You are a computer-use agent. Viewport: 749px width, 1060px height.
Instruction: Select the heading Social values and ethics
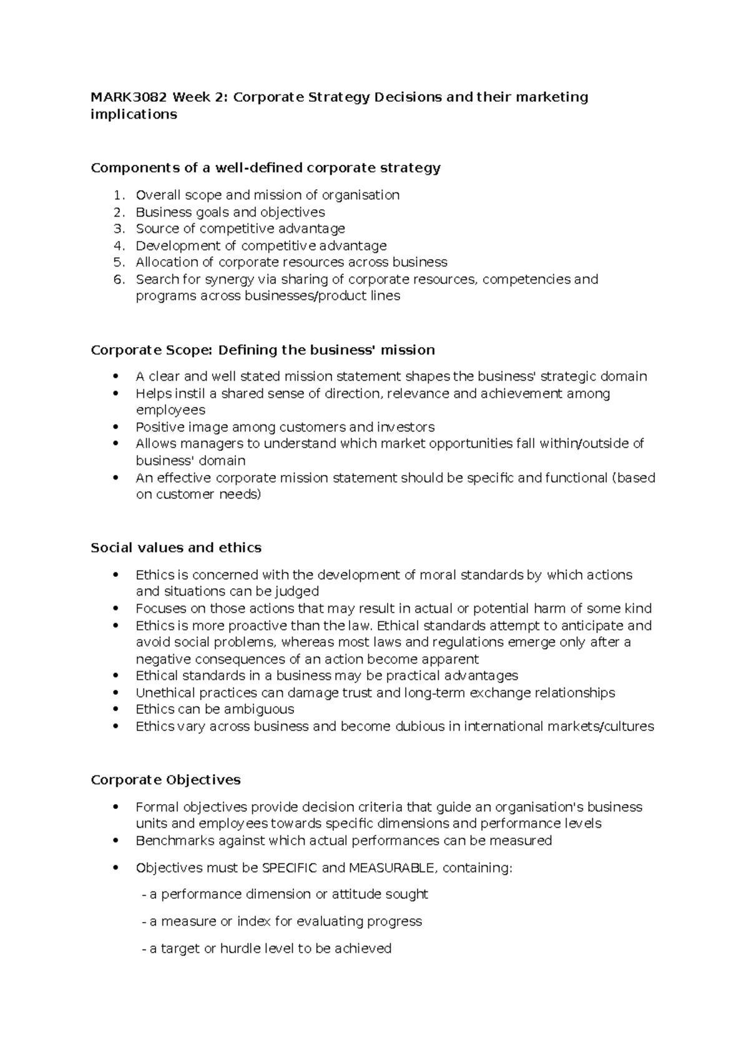pos(175,547)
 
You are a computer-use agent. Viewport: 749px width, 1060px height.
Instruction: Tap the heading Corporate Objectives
pos(165,780)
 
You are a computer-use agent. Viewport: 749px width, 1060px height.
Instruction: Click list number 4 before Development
pos(119,246)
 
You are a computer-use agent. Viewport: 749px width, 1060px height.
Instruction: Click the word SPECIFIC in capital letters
pos(290,868)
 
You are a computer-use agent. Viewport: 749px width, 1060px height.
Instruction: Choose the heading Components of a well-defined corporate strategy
pos(265,167)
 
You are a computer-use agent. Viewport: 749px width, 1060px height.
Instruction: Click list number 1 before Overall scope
pos(119,195)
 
